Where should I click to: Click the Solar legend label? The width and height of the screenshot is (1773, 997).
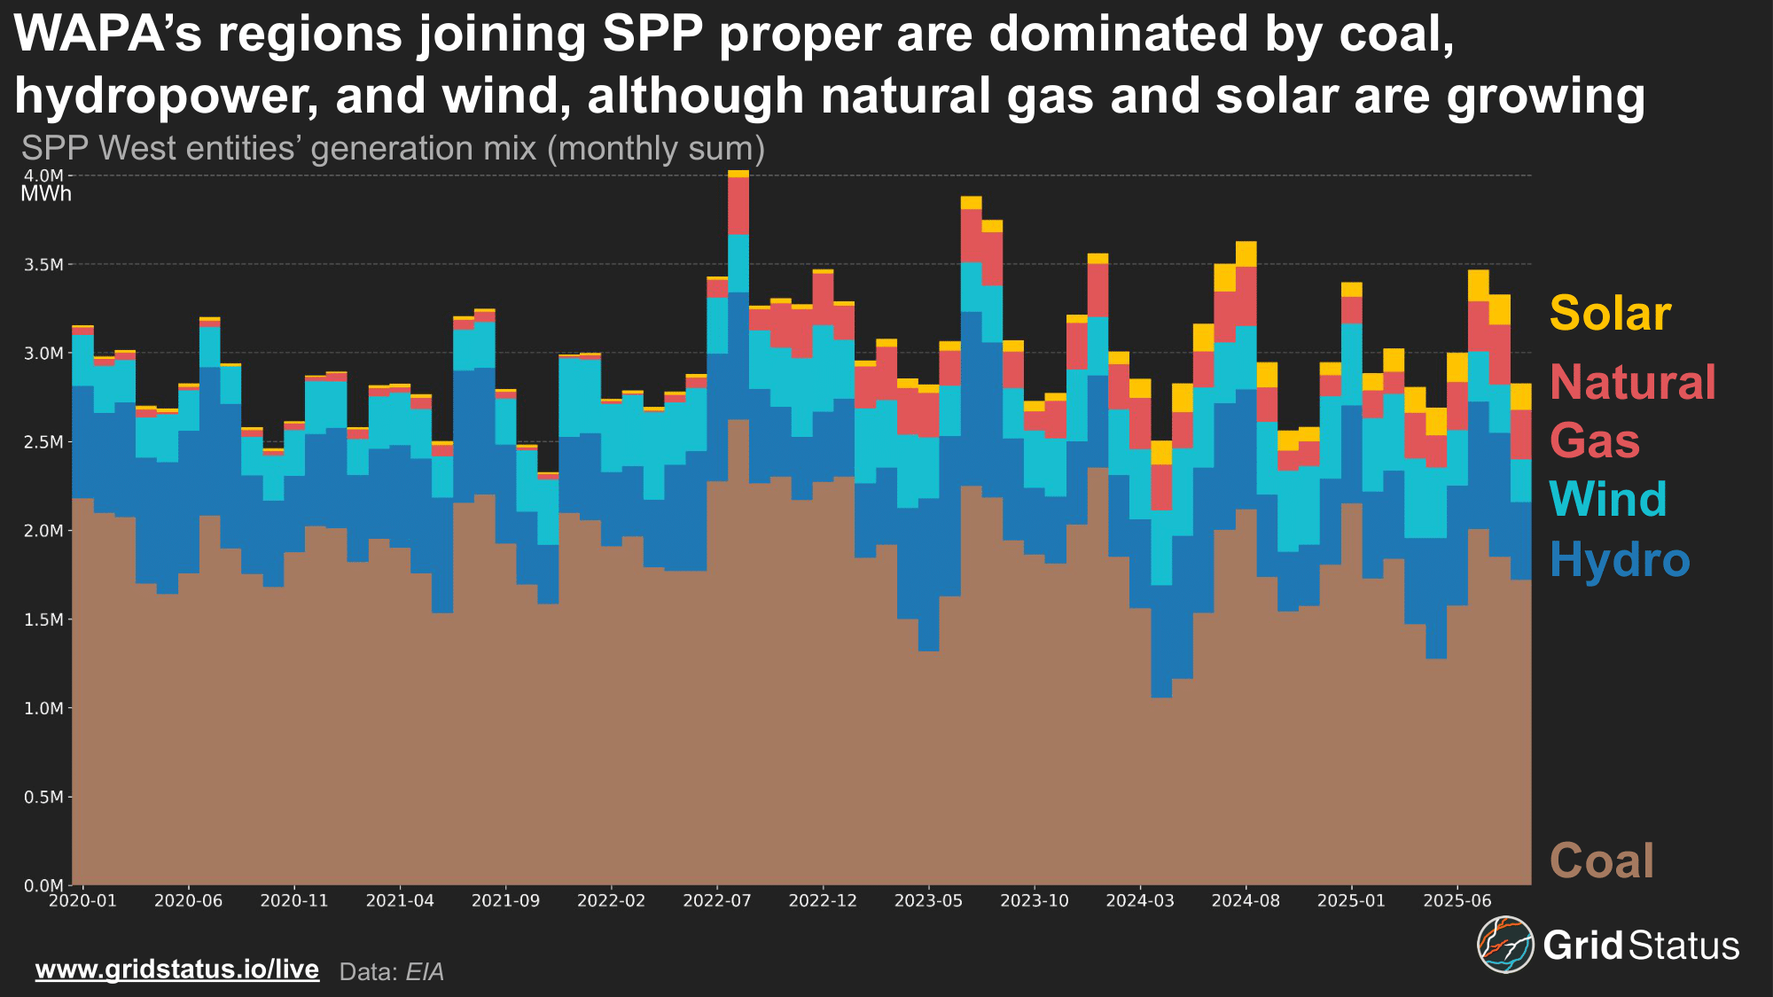pos(1610,314)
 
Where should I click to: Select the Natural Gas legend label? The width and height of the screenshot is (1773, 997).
pos(1632,411)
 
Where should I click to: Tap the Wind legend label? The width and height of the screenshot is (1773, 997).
pos(1608,499)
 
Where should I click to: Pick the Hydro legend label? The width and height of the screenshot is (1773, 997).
pos(1620,560)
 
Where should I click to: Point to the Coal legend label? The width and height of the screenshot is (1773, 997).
pos(1601,861)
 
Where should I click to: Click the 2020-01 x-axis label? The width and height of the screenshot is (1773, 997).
pos(82,901)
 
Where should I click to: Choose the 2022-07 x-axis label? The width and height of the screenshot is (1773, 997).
pos(717,901)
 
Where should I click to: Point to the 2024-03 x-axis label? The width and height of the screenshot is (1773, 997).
pos(1140,901)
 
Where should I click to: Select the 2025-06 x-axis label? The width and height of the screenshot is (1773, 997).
pos(1457,901)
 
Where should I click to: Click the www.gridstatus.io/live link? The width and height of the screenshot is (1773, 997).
pos(177,970)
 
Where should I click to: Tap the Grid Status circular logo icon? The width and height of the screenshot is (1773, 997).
pos(1504,945)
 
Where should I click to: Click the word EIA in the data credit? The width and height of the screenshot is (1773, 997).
pos(425,972)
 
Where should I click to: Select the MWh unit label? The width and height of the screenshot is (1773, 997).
pos(46,194)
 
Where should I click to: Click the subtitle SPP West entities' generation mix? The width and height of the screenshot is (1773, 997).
pos(393,149)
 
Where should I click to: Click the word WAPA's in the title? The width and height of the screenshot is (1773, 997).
pos(108,34)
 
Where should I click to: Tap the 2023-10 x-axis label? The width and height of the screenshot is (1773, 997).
pos(1035,901)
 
